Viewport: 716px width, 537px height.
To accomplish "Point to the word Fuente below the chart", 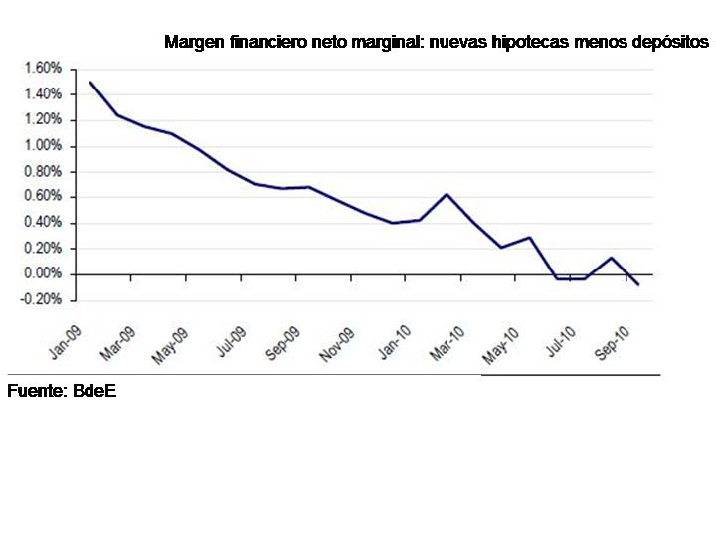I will (36, 391).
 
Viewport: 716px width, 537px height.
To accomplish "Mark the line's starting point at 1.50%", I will (90, 83).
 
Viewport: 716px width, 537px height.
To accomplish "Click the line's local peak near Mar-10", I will (447, 195).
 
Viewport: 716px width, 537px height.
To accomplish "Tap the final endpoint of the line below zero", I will (638, 285).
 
